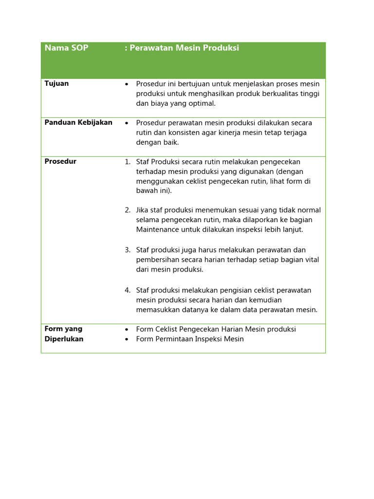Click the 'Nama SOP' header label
(66, 48)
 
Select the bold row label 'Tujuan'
(56, 84)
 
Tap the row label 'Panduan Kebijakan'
(78, 123)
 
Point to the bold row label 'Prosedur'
(60, 162)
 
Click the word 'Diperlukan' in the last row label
(64, 339)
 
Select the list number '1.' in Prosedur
(128, 162)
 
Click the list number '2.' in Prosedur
(128, 210)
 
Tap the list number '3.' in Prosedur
(128, 250)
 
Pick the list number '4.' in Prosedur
(128, 290)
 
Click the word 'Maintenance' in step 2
(156, 230)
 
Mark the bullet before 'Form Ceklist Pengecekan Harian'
(127, 330)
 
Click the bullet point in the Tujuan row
(127, 84)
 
